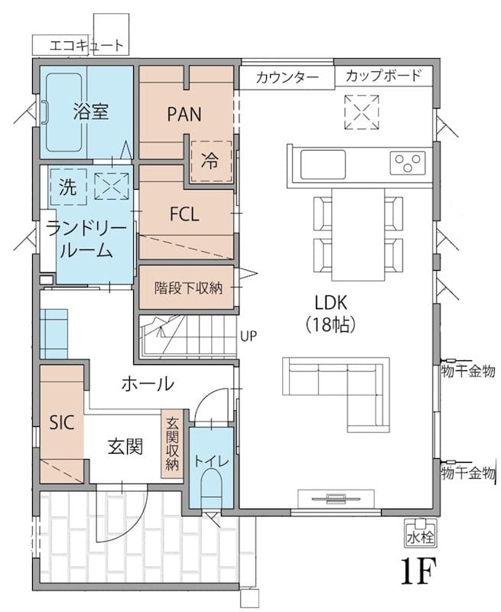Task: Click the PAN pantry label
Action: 184,114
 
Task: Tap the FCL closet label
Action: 184,214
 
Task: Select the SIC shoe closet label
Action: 62,422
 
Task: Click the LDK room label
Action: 331,302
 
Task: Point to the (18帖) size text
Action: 331,324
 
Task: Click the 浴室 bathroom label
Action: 90,112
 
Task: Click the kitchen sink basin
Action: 323,164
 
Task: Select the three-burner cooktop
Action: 408,163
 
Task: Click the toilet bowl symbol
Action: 210,488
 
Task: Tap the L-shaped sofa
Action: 337,394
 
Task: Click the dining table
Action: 358,234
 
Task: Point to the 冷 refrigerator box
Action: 210,161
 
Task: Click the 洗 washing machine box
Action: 68,187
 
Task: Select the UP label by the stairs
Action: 249,336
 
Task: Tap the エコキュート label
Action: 86,46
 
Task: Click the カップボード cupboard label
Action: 383,75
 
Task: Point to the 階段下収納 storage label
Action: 188,288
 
